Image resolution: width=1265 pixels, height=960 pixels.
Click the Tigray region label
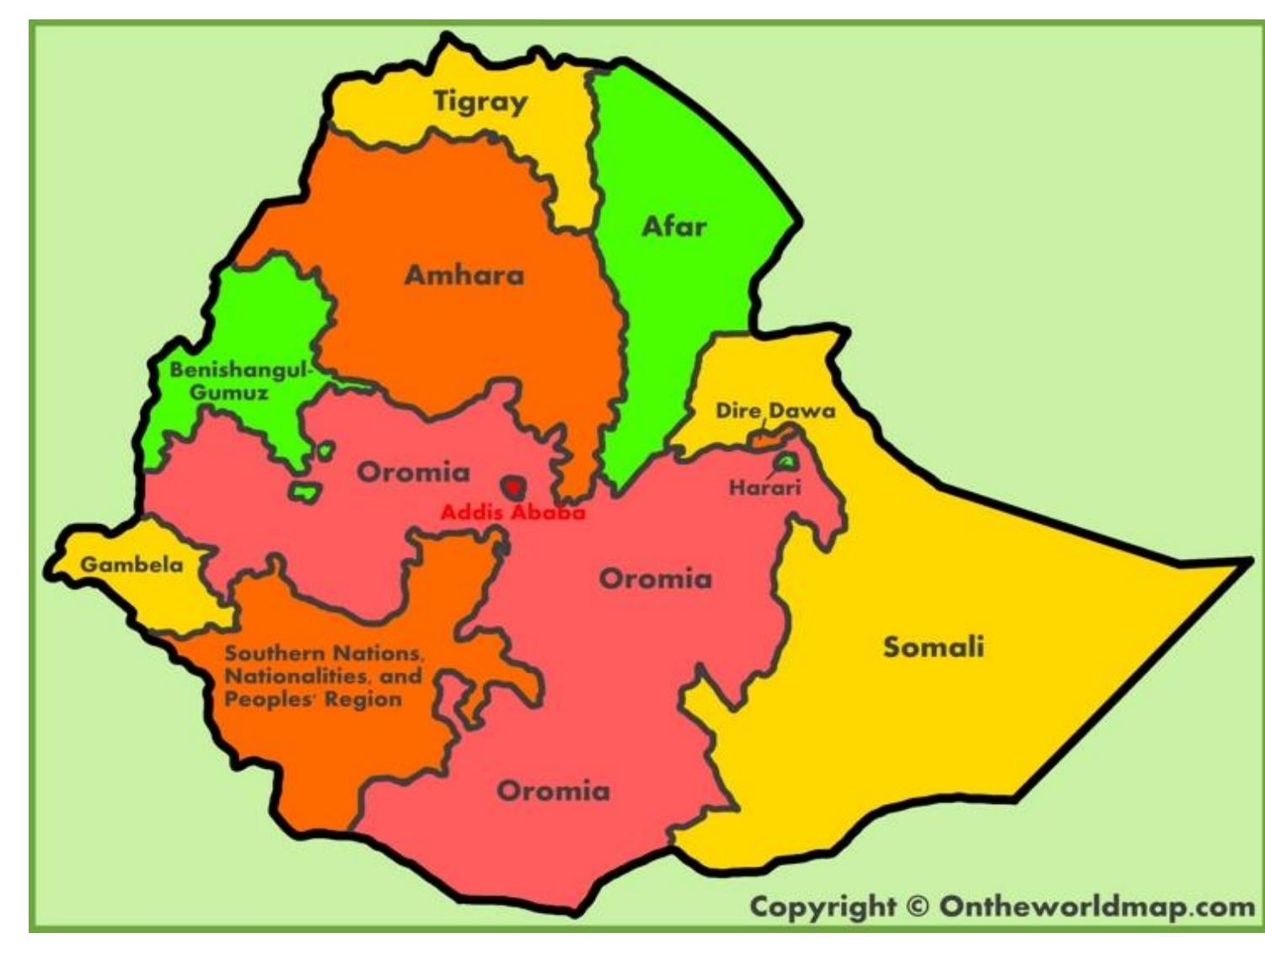(x=480, y=102)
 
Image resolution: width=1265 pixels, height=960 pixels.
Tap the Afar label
(x=673, y=226)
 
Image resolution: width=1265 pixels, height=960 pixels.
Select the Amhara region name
(x=464, y=275)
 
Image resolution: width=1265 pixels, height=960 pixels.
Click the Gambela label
(x=131, y=564)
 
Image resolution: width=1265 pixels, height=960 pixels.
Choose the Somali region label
(x=933, y=646)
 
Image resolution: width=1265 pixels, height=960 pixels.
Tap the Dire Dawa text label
(x=775, y=410)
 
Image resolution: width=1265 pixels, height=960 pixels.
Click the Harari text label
(x=764, y=488)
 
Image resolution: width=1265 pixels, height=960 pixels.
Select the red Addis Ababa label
(x=512, y=512)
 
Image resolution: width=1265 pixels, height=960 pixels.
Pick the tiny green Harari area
(x=785, y=461)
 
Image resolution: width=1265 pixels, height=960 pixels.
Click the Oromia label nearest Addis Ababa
(x=413, y=472)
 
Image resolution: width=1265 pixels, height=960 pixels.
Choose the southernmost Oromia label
(x=553, y=791)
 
